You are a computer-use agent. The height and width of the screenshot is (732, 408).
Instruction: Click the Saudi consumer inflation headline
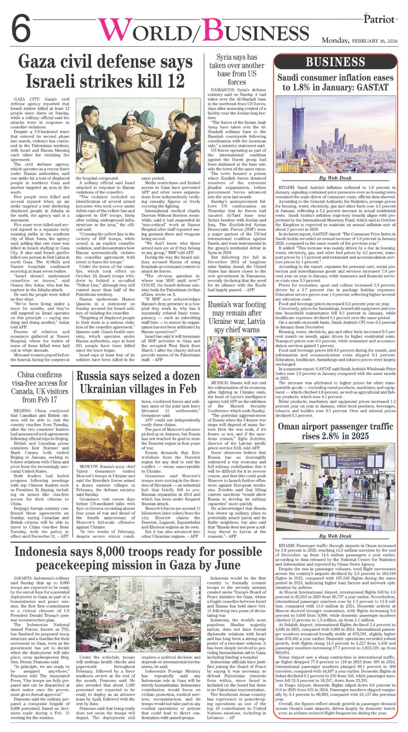[336, 82]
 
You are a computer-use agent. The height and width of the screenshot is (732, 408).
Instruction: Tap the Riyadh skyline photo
[336, 133]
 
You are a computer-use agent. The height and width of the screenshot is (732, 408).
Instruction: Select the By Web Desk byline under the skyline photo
[336, 179]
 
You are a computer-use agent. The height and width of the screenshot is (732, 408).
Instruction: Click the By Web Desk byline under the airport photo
[336, 536]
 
